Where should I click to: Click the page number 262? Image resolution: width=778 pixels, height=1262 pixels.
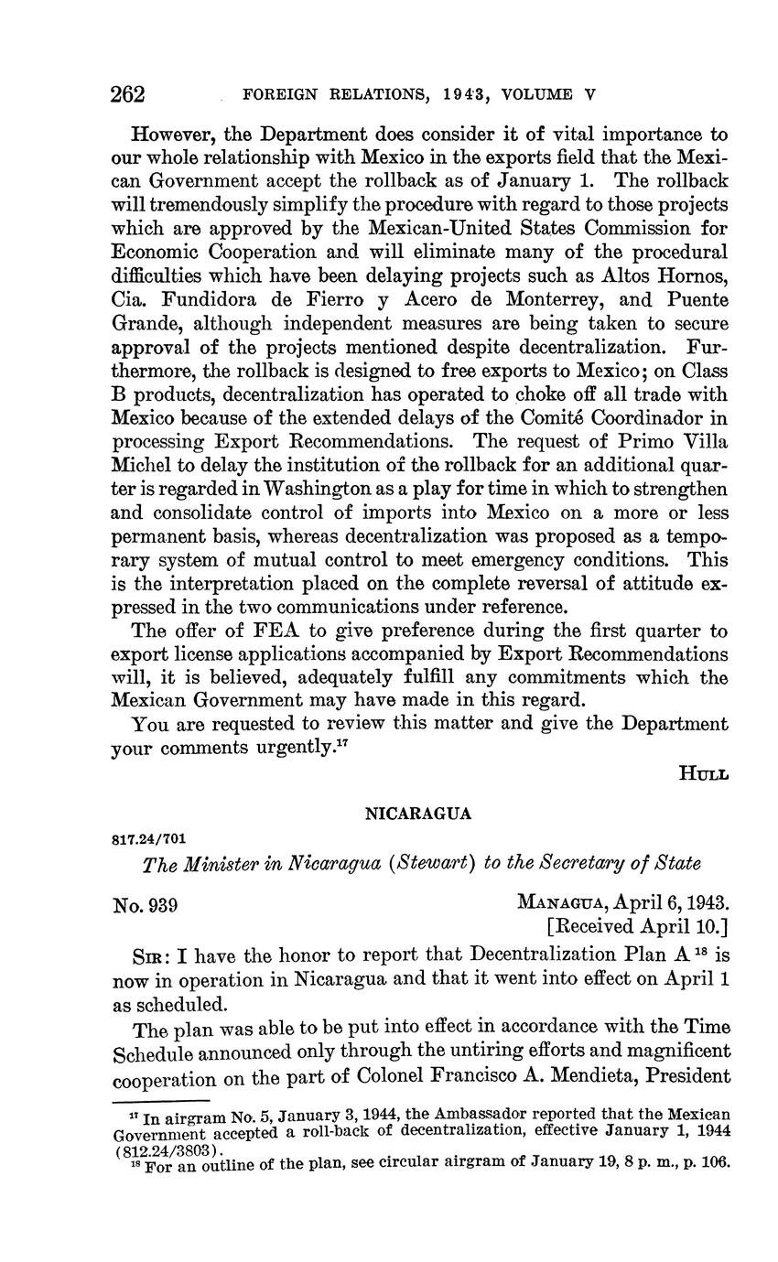(x=128, y=94)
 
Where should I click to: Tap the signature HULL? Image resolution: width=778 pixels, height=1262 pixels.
(x=703, y=773)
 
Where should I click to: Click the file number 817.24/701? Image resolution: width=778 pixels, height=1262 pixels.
(x=150, y=837)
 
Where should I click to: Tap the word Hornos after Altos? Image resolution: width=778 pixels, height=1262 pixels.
(x=696, y=275)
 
